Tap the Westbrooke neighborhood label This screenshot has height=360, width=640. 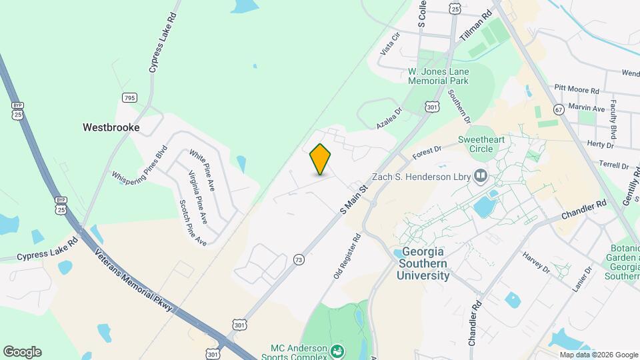[111, 127]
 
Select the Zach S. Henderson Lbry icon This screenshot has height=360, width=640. [481, 176]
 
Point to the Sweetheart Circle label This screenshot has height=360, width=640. [483, 144]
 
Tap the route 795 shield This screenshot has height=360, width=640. [129, 98]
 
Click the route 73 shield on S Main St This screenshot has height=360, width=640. [298, 259]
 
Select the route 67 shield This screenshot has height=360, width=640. [558, 108]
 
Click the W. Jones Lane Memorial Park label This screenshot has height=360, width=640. [438, 76]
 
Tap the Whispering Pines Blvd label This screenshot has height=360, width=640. [139, 167]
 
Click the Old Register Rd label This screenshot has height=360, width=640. [347, 256]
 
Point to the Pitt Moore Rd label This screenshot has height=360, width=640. [577, 89]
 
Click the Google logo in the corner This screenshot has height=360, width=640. [22, 352]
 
